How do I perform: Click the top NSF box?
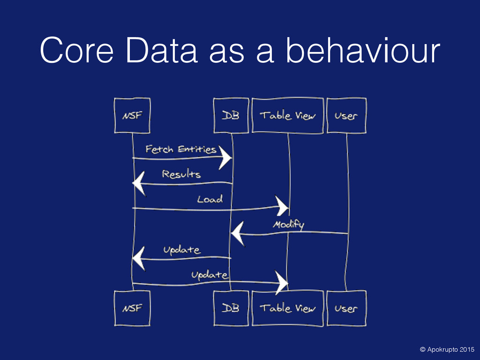coord(132,115)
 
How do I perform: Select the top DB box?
coord(230,115)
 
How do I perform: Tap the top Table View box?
coord(287,115)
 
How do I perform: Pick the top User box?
coord(346,115)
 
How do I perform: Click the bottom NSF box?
coord(132,308)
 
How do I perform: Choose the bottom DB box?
coord(230,308)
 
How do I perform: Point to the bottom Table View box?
coord(287,308)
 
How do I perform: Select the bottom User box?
coord(346,308)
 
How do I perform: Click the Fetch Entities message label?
coord(180,150)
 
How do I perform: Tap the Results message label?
coord(181,174)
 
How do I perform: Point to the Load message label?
coord(210,199)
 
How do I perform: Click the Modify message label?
coord(288,225)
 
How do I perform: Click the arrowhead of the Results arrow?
coord(140,182)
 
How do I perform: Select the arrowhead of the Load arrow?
coord(283,206)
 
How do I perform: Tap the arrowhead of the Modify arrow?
coord(238,233)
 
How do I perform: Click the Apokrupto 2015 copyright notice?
coord(447,349)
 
